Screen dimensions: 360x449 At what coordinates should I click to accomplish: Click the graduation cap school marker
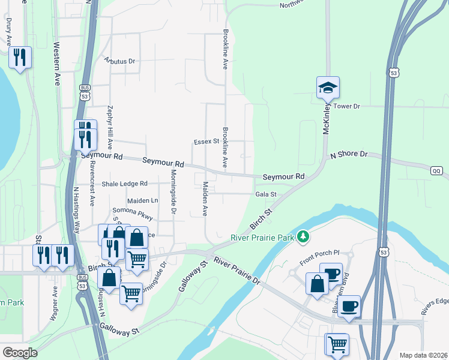[328, 88]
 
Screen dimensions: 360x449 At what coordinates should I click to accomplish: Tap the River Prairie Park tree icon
[304, 238]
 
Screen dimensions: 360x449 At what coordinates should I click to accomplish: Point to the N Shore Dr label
[349, 155]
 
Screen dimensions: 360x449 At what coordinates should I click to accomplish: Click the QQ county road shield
[436, 171]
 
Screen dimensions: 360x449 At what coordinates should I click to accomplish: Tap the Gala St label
[265, 194]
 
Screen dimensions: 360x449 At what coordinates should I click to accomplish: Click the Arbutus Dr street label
[120, 61]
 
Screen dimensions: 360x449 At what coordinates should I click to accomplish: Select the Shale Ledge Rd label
[124, 184]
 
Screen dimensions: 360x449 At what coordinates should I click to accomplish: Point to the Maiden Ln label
[142, 200]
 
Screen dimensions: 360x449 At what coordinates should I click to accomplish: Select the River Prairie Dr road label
[237, 272]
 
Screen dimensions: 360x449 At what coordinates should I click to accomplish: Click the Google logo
[20, 353]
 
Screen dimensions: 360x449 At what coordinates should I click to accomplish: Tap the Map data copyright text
[424, 355]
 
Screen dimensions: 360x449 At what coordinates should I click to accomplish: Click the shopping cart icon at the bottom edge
[338, 345]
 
